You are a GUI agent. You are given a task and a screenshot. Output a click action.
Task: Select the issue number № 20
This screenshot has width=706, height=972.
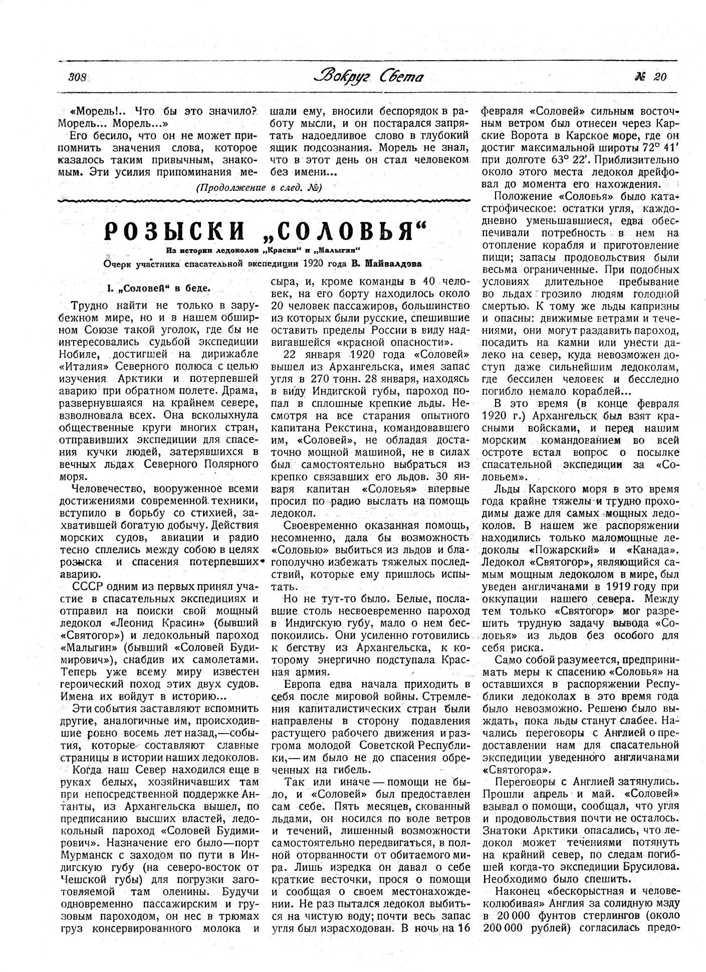650,77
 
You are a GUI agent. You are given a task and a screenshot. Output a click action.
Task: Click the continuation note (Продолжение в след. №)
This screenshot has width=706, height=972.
259,188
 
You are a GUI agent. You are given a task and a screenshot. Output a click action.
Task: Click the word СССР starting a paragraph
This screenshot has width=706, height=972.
88,587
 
